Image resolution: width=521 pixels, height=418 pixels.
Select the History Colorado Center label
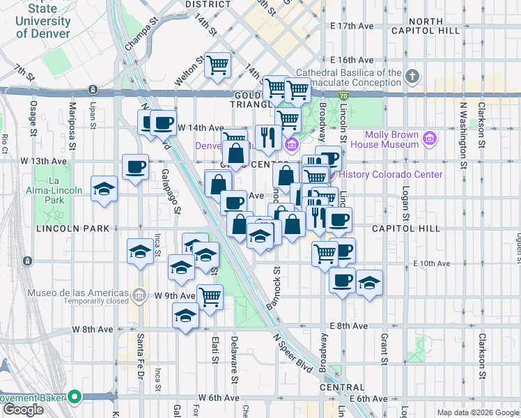(394, 175)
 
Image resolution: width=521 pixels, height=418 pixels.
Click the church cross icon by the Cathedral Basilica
(412, 76)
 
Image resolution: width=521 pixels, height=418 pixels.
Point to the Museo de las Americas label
(78, 293)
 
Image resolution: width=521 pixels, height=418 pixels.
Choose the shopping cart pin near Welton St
(219, 65)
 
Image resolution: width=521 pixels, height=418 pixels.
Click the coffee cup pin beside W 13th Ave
(135, 167)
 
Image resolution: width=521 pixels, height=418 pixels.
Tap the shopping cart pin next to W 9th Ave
(210, 296)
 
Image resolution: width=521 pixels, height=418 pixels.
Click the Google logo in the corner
(23, 410)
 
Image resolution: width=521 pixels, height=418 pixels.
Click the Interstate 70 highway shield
(344, 95)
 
